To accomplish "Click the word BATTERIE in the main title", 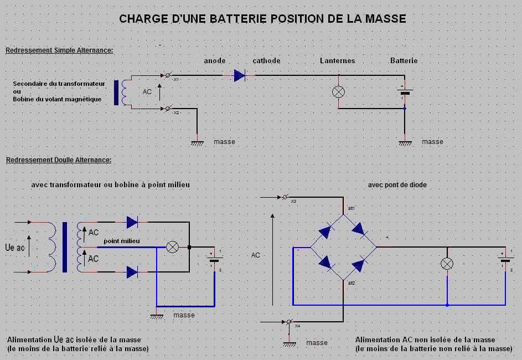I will click(236, 19).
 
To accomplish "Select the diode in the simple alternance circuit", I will click(240, 74).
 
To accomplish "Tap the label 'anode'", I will click(215, 60).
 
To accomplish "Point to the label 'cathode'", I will click(267, 60).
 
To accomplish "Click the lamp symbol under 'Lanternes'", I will click(338, 91).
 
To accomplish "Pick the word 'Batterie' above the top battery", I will click(404, 60).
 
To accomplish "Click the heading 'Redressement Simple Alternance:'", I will click(59, 50).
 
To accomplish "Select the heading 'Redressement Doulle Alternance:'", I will click(59, 160).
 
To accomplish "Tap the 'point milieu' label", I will click(122, 241).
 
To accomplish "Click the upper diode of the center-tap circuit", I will click(132, 222).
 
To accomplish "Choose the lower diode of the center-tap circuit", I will click(132, 272).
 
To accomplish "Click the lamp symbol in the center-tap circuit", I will click(173, 247).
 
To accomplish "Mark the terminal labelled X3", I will click(286, 197).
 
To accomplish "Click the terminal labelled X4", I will click(288, 322).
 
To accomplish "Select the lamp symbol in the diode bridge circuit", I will click(447, 264).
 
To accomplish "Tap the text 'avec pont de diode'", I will click(397, 185).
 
